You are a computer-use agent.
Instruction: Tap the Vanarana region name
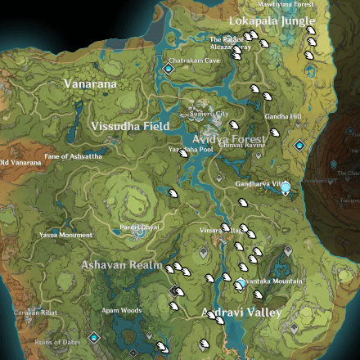pyautogui.click(x=90, y=83)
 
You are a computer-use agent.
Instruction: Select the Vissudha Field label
pyautogui.click(x=131, y=127)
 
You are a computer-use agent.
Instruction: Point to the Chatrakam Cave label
pyautogui.click(x=194, y=60)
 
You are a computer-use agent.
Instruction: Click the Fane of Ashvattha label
pyautogui.click(x=74, y=156)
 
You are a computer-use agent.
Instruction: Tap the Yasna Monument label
pyautogui.click(x=65, y=235)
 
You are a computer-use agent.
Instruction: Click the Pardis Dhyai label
pyautogui.click(x=140, y=226)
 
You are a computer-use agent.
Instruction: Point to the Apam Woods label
pyautogui.click(x=121, y=310)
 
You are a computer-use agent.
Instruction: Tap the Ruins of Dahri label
pyautogui.click(x=56, y=341)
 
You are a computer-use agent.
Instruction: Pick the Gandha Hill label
pyautogui.click(x=283, y=116)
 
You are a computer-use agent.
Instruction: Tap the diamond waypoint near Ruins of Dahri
pyautogui.click(x=95, y=336)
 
